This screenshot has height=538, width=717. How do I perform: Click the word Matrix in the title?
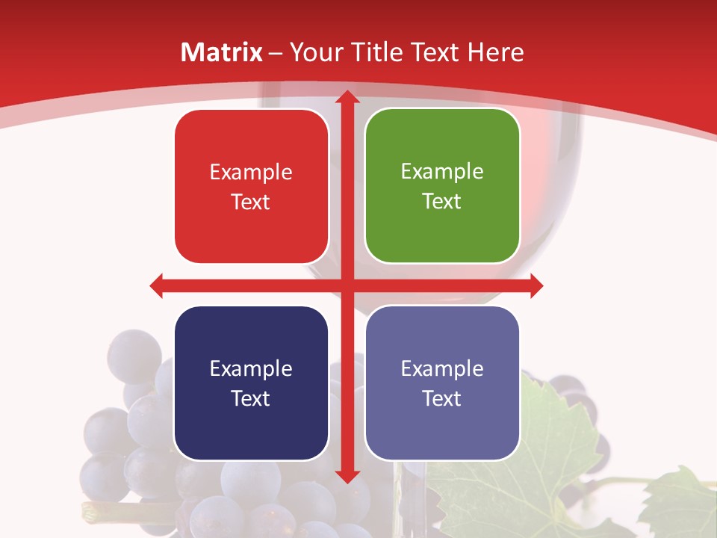click(222, 52)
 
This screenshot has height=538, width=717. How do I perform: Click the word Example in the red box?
click(251, 173)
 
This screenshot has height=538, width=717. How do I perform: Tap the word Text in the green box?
click(442, 201)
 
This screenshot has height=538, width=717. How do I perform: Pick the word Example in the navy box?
click(251, 369)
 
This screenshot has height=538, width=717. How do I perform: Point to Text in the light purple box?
click(442, 398)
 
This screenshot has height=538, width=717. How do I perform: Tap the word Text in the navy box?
click(251, 398)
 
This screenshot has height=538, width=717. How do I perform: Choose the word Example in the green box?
click(442, 172)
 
